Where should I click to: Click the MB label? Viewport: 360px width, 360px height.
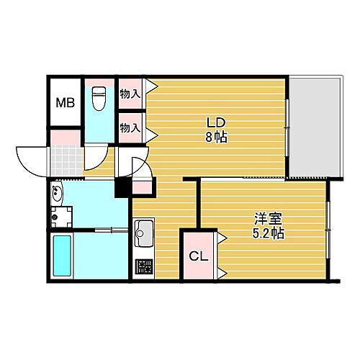click(x=64, y=102)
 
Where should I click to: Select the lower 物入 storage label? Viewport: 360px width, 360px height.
click(x=130, y=127)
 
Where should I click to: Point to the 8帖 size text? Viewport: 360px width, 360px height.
click(x=216, y=137)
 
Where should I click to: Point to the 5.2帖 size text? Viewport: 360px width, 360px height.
click(x=267, y=233)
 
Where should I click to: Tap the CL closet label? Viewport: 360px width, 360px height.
click(x=197, y=256)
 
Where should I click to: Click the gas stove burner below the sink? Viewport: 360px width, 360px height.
click(x=145, y=267)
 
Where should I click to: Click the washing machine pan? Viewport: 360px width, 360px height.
click(x=60, y=215)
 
